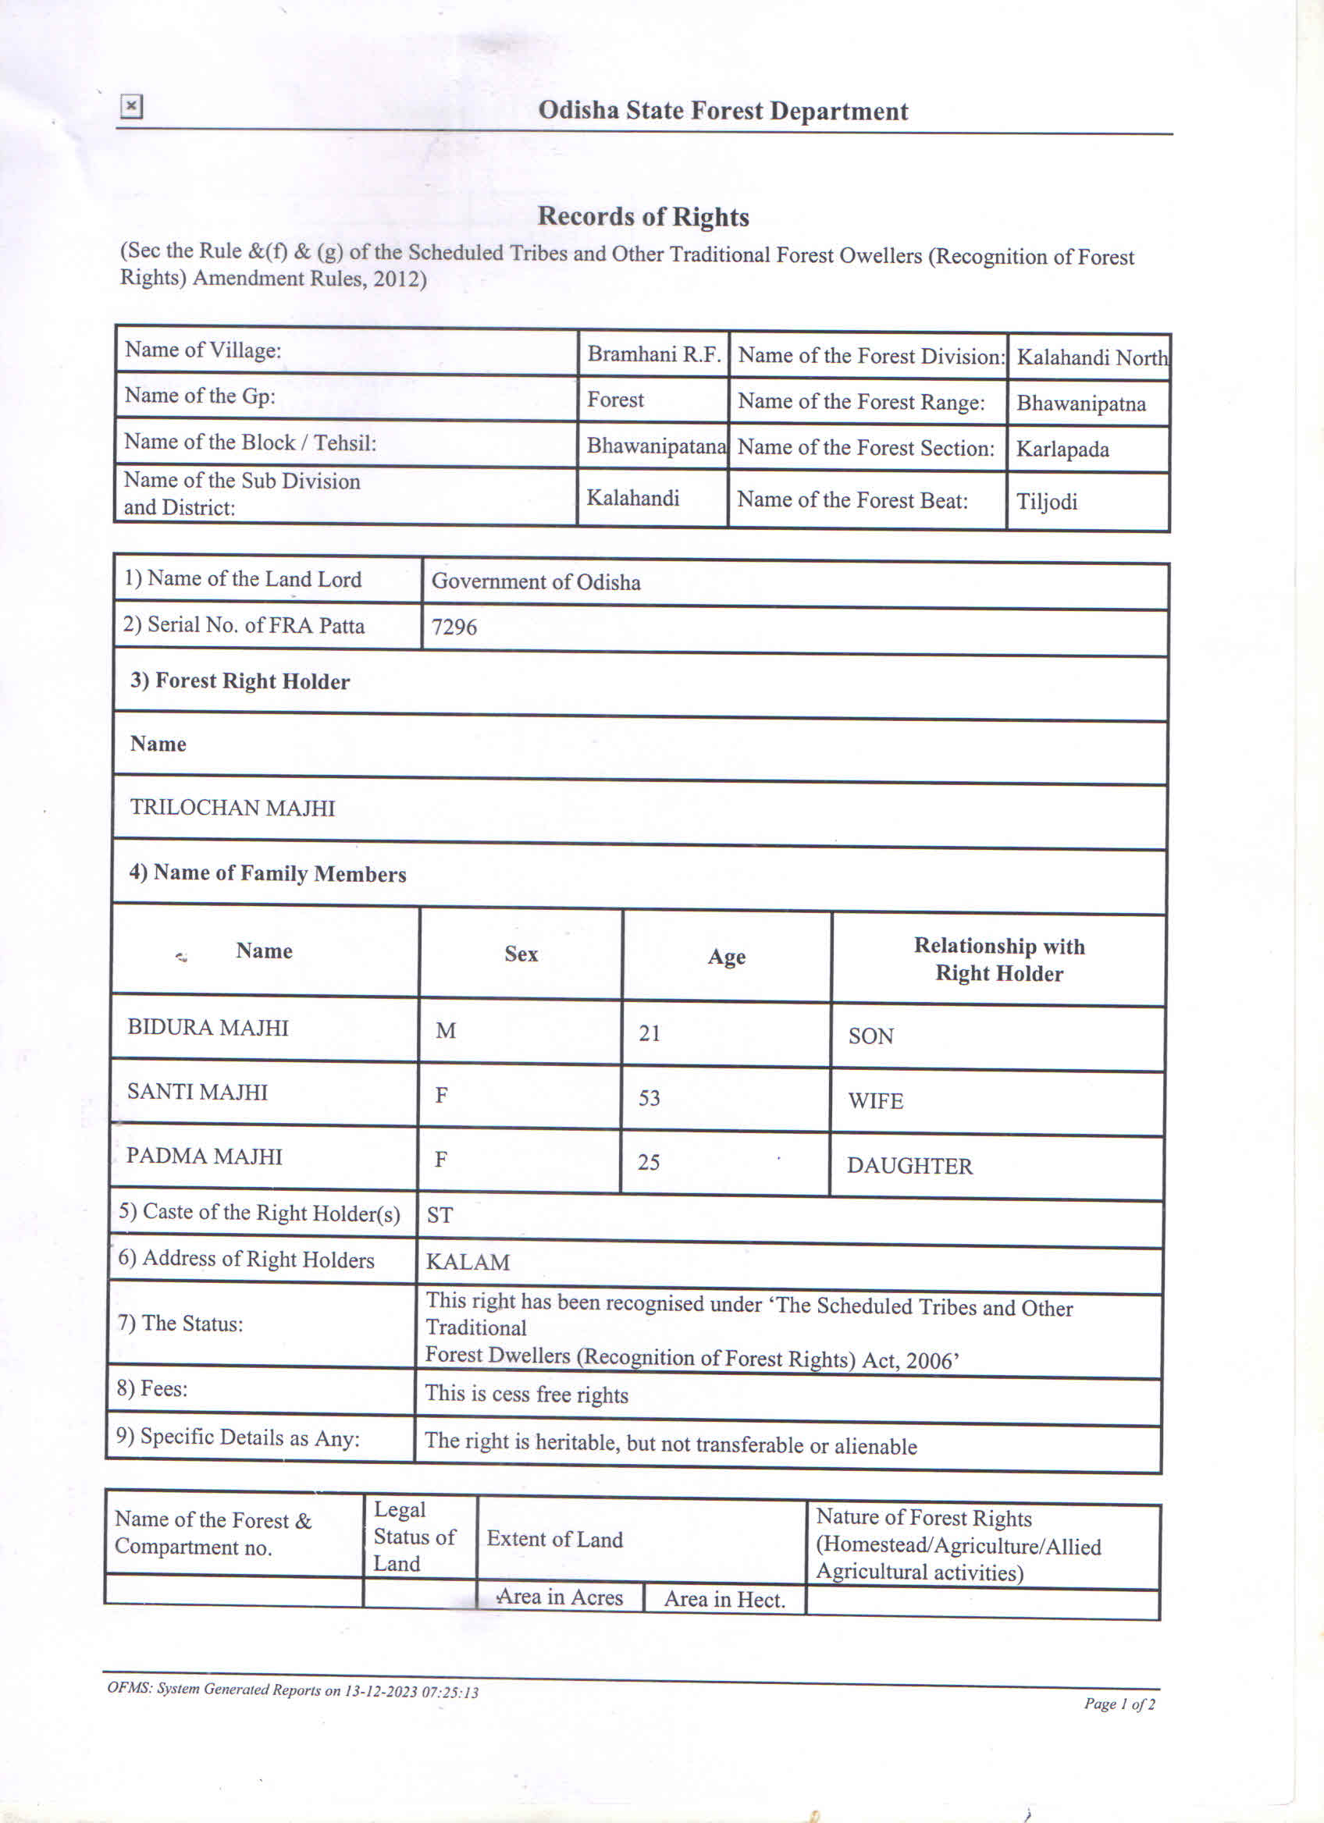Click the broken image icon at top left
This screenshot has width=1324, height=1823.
coord(131,106)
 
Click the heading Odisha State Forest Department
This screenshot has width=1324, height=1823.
coord(723,111)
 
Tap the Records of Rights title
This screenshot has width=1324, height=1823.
coord(643,216)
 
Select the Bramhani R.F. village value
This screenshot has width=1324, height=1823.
coord(653,354)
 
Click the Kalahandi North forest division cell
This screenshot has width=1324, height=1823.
coord(1091,357)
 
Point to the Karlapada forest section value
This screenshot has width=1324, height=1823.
coord(1062,450)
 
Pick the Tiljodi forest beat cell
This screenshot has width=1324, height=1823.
coord(1046,502)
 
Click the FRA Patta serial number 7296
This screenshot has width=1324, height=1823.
coord(454,627)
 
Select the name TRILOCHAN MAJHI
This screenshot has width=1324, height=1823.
coord(233,808)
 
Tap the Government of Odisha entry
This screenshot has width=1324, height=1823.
coord(536,582)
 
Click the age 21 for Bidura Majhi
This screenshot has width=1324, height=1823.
coord(650,1033)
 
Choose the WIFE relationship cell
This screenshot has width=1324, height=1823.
coord(875,1101)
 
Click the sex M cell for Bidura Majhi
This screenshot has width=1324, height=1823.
coord(445,1031)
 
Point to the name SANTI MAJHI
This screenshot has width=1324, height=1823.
coord(197,1093)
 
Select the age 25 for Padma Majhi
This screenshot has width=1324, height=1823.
coord(649,1162)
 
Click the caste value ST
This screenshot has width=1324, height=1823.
coord(440,1215)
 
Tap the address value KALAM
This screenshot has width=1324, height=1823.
coord(467,1262)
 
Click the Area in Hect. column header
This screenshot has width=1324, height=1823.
coord(724,1600)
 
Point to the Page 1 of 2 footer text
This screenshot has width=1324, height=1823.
coord(1119,1704)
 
